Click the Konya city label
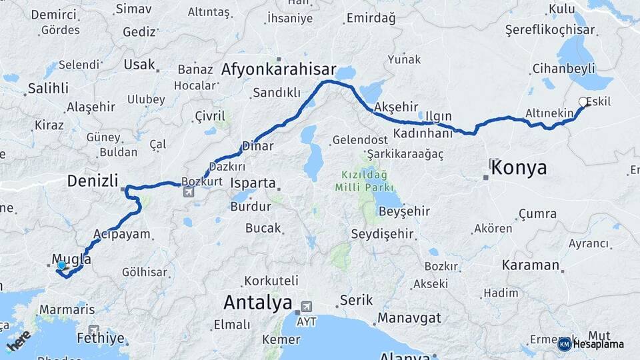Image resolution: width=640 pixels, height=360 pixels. click(x=519, y=167)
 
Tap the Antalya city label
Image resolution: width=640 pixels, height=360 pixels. click(x=257, y=303)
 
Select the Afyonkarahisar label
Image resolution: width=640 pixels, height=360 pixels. click(x=279, y=69)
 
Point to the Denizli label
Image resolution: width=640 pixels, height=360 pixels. click(x=93, y=180)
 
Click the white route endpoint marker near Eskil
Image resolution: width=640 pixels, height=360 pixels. click(x=583, y=102)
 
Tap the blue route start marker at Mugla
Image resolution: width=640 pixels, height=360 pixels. click(x=61, y=265)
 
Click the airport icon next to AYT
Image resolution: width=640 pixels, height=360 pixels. click(x=306, y=307)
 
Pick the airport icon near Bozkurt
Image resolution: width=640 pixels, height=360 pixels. click(x=189, y=192)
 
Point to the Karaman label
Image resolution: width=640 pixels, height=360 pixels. click(x=531, y=265)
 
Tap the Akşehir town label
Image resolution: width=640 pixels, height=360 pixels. click(x=396, y=107)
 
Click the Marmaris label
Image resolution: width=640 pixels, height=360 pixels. click(x=67, y=310)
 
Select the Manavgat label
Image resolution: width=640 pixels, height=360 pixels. click(x=410, y=317)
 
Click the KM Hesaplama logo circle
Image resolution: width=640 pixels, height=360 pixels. click(x=564, y=344)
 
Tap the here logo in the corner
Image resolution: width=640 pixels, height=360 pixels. click(x=19, y=339)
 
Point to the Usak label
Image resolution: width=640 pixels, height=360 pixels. click(x=139, y=65)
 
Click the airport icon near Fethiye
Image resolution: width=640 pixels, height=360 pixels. click(x=93, y=329)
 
